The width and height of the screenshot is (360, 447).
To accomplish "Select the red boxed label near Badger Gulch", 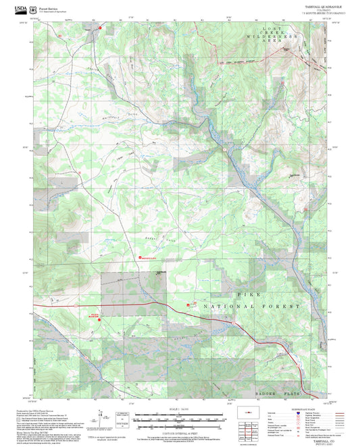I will tap(147, 257).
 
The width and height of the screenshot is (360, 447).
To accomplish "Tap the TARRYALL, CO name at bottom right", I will tap(311, 440).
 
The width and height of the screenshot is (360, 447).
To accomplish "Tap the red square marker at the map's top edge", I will tap(101, 28).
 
